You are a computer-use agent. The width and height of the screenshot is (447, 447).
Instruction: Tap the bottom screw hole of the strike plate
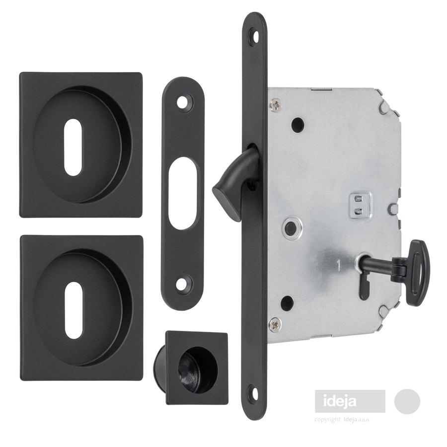pyautogui.click(x=182, y=285)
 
